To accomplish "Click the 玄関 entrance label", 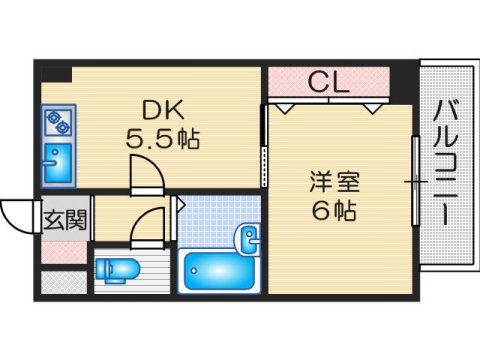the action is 64,220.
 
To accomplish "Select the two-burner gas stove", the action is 56,124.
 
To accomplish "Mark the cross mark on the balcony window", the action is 414,182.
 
